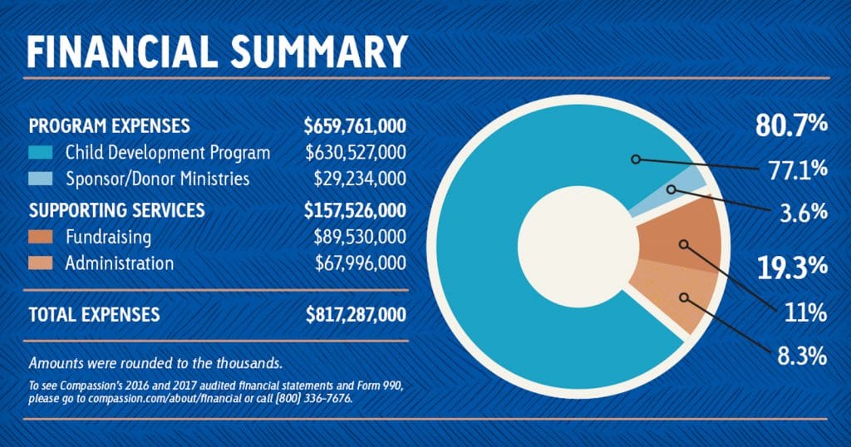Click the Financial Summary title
pyautogui.click(x=217, y=51)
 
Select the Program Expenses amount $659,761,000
pyautogui.click(x=355, y=126)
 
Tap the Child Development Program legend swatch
pyautogui.click(x=42, y=153)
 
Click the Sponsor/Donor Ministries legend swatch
pyautogui.click(x=42, y=179)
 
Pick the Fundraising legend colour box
pyautogui.click(x=42, y=238)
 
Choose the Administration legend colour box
pyautogui.click(x=42, y=263)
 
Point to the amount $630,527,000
pyautogui.click(x=356, y=153)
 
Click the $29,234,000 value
pyautogui.click(x=360, y=179)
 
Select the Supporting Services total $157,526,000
pyautogui.click(x=355, y=210)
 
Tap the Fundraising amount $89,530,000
pyautogui.click(x=360, y=238)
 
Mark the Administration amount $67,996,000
pyautogui.click(x=360, y=263)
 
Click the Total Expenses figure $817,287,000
pyautogui.click(x=355, y=316)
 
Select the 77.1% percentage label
pyautogui.click(x=796, y=170)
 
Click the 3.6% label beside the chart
pyautogui.click(x=803, y=211)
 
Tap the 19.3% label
pyautogui.click(x=791, y=267)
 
